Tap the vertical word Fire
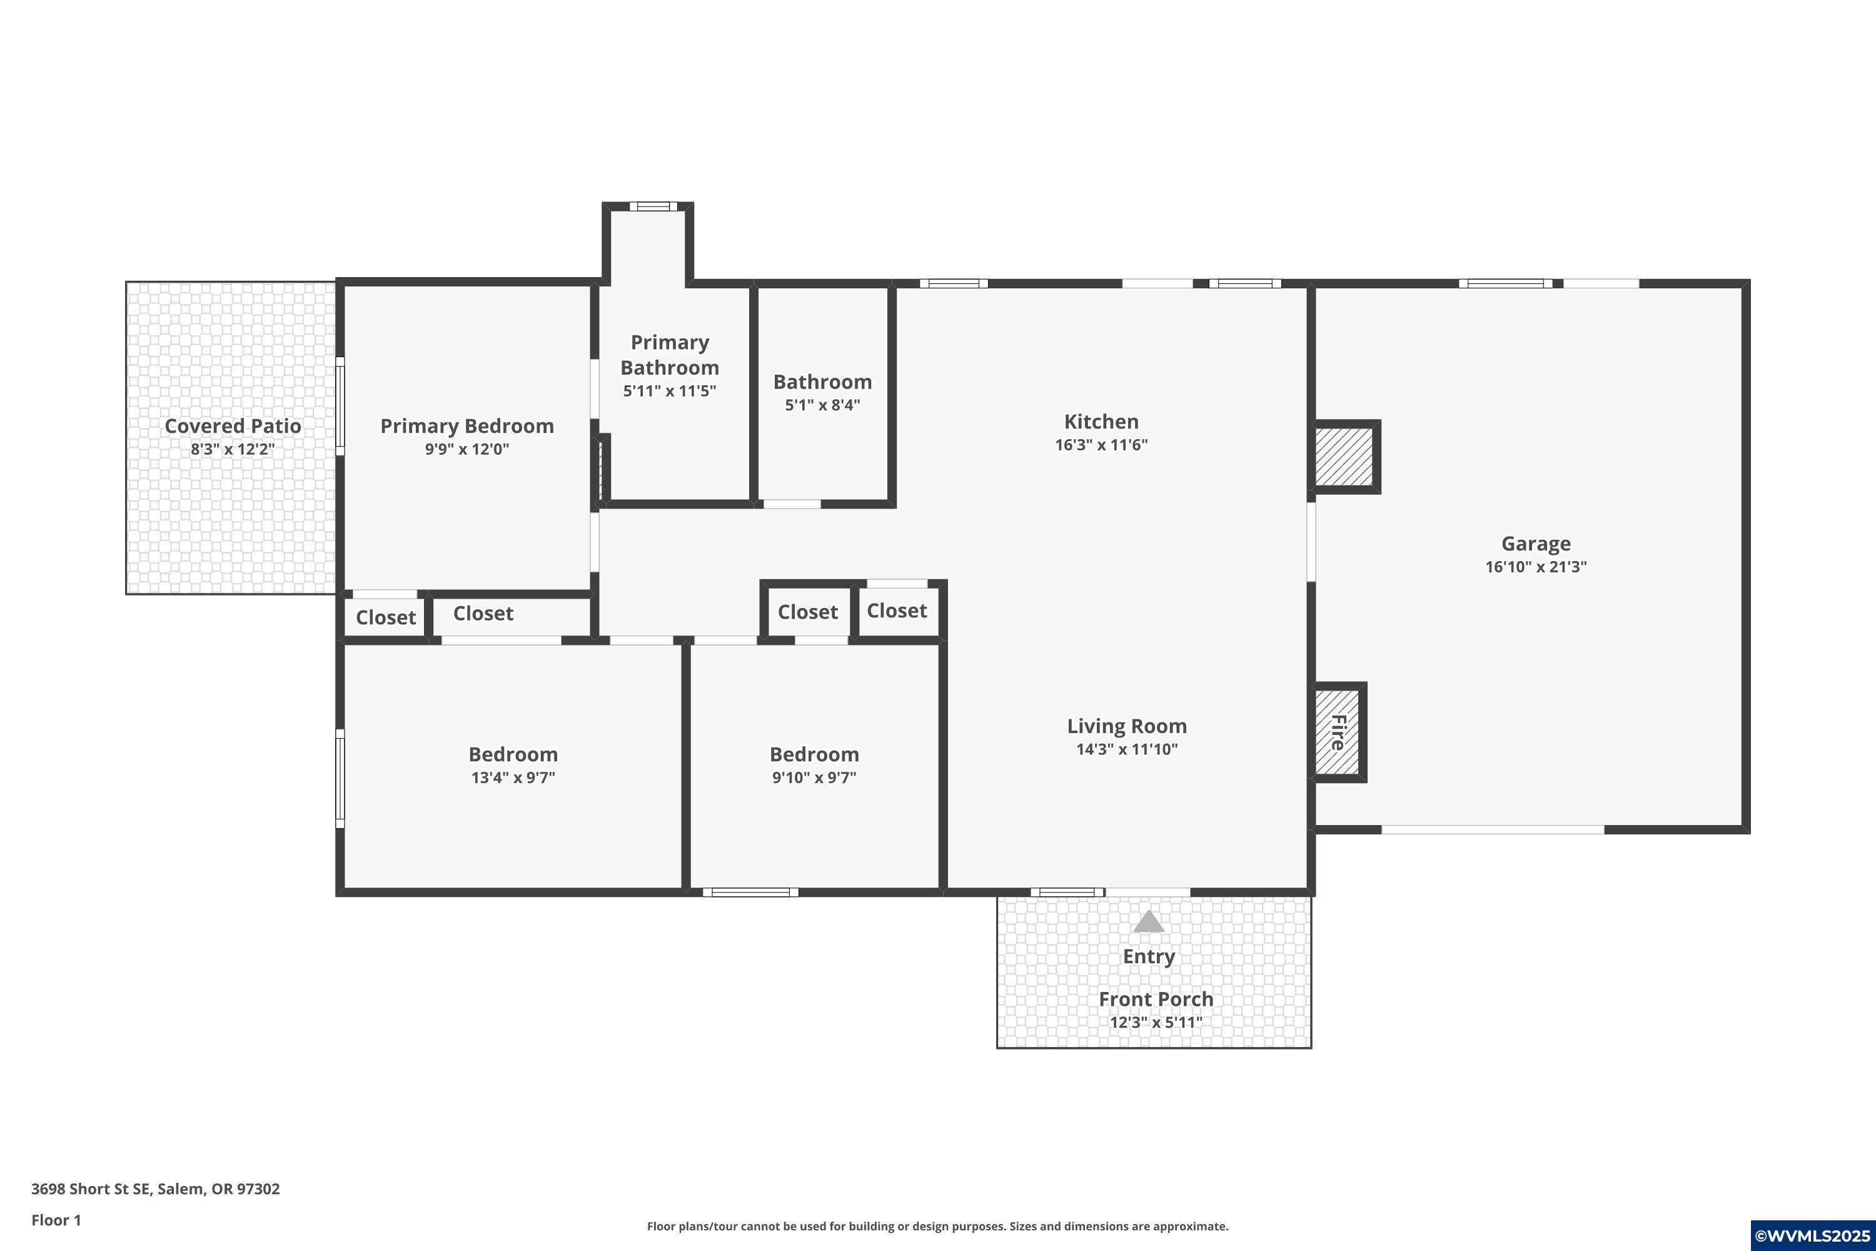point(1338,732)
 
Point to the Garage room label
point(1535,544)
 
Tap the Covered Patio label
point(233,426)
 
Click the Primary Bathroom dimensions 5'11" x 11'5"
point(669,391)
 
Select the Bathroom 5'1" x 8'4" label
point(822,382)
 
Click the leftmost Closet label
point(385,617)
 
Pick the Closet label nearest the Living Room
point(897,611)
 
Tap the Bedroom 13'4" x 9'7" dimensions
point(513,777)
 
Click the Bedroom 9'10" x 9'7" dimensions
point(814,777)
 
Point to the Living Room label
point(1126,726)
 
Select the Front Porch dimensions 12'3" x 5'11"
point(1156,1022)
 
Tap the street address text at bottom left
point(156,1189)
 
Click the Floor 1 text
point(56,1220)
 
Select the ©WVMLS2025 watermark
point(1812,1236)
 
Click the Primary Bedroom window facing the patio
point(340,406)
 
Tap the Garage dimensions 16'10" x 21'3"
point(1535,567)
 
